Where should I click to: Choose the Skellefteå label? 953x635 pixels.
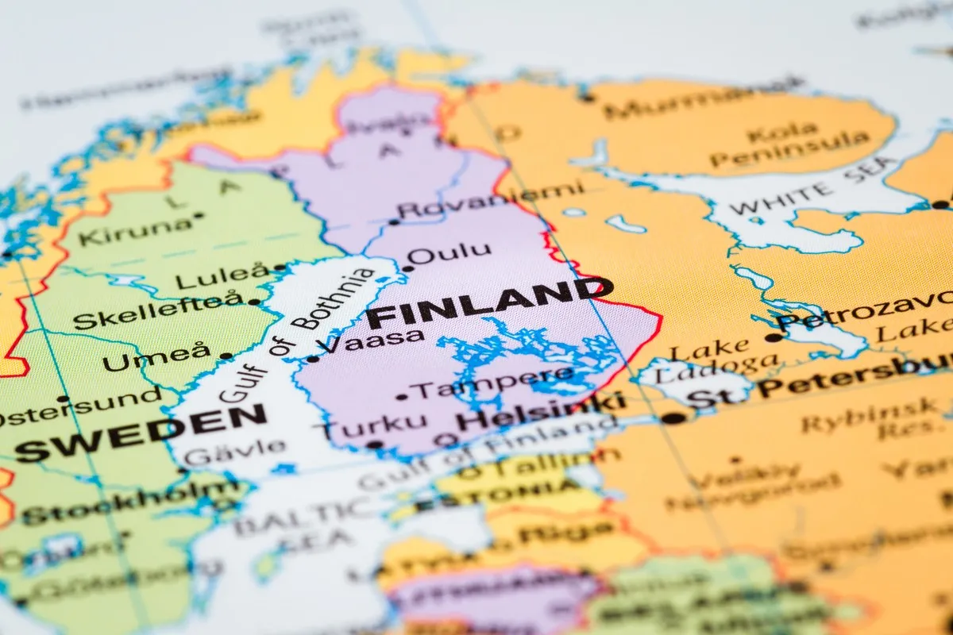tap(158, 311)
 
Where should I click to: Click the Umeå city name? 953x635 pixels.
tap(157, 358)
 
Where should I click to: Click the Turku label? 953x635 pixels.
tap(369, 426)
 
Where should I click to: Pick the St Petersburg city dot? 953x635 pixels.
tap(673, 418)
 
